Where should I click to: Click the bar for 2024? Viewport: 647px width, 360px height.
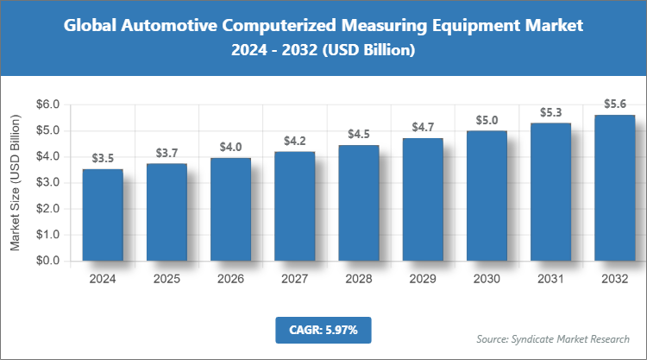(x=103, y=215)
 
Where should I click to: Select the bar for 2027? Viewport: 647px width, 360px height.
(x=294, y=206)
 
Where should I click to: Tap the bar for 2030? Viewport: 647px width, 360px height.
(x=487, y=196)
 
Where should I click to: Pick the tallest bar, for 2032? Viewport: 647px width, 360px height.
(x=614, y=188)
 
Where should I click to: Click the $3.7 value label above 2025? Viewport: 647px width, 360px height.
(x=166, y=153)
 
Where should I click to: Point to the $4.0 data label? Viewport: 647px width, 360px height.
(x=230, y=147)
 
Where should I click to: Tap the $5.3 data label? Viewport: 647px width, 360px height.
(x=550, y=112)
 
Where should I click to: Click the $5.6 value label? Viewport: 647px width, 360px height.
(x=614, y=104)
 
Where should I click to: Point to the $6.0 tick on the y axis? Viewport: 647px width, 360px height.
(x=47, y=105)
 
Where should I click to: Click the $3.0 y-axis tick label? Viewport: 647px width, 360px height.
(x=47, y=183)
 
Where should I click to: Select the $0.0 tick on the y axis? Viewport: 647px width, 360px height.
(x=47, y=261)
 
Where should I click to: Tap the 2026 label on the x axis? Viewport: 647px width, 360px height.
(x=230, y=279)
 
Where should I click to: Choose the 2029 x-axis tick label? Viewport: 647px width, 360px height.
(x=423, y=279)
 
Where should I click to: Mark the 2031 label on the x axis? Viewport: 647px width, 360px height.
(x=550, y=279)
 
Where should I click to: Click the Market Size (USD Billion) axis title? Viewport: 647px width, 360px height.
(x=15, y=183)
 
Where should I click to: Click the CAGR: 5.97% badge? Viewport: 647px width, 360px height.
(x=323, y=329)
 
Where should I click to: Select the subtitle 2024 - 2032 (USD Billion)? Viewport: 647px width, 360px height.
(x=323, y=51)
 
